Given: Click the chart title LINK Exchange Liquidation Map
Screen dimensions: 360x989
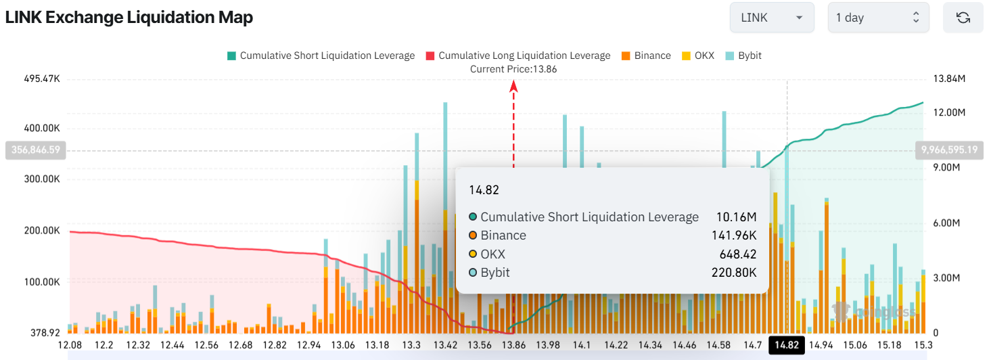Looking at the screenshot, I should [129, 18].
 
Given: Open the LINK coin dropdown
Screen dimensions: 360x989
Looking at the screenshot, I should [771, 18].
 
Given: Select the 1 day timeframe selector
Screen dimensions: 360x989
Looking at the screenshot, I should [877, 18].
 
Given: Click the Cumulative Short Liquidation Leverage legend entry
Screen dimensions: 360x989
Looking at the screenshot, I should [321, 55].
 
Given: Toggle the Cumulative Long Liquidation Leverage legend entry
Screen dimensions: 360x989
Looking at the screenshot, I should [518, 55].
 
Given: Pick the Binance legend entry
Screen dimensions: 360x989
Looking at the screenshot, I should [645, 55].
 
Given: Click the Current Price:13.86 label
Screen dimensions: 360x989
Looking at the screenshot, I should [514, 69].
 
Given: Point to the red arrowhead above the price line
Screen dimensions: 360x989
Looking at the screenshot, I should [513, 85].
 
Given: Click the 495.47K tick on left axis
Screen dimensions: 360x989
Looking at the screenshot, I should [41, 80].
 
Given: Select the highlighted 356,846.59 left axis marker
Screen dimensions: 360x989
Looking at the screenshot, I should [35, 150].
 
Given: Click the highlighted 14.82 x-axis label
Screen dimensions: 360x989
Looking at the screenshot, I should [787, 345].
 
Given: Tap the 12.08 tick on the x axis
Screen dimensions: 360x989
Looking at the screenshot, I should [70, 345].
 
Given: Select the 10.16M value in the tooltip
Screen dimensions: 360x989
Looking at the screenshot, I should [736, 217].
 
